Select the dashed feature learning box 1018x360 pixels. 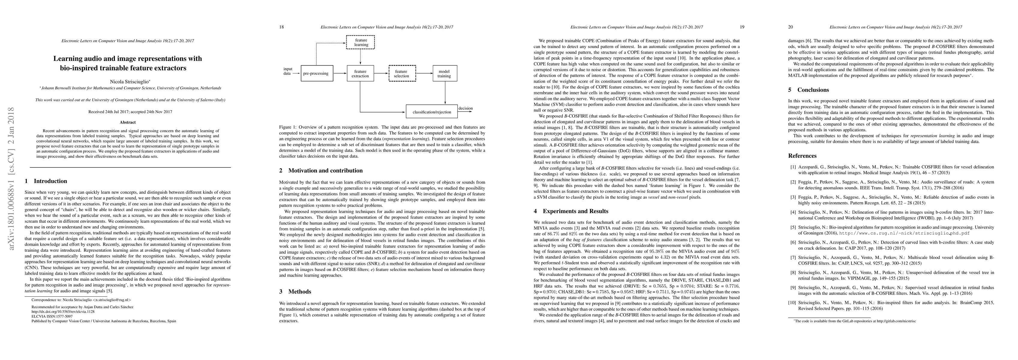pyautogui.click(x=360, y=42)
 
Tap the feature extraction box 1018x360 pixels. pyautogui.click(x=360, y=73)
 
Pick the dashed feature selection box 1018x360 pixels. pyautogui.click(x=402, y=73)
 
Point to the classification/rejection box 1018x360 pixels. pyautogui.click(x=432, y=112)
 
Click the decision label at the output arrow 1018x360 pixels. pyautogui.click(x=465, y=108)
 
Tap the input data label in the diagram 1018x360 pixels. pyautogui.click(x=288, y=71)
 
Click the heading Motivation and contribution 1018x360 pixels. pyautogui.click(x=325, y=171)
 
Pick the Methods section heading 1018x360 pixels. pyautogui.click(x=300, y=292)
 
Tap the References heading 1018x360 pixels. pyautogui.click(x=802, y=156)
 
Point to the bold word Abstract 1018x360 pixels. pyautogui.click(x=128, y=122)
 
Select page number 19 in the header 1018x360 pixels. pyautogui.click(x=742, y=27)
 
